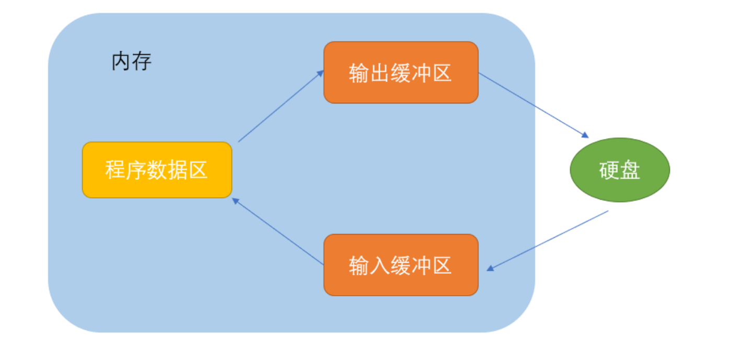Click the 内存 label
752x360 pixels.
(x=132, y=62)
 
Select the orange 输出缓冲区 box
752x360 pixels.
(x=401, y=73)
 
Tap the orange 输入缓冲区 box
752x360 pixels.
(x=401, y=265)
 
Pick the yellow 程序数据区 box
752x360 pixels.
(x=157, y=170)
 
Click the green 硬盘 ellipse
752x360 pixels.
(x=619, y=170)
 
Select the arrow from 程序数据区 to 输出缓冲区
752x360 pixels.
(x=281, y=106)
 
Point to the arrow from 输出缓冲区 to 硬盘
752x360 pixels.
(x=533, y=105)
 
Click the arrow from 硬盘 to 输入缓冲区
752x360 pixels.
(x=548, y=240)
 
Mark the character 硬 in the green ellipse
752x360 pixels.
(x=609, y=170)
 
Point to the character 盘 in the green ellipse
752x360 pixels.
(x=630, y=170)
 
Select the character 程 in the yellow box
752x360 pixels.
(x=115, y=170)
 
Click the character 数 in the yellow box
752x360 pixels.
(x=157, y=170)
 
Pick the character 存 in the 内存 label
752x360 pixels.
(x=142, y=62)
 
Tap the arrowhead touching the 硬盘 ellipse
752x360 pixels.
(x=585, y=136)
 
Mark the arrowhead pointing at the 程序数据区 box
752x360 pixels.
(x=236, y=200)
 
